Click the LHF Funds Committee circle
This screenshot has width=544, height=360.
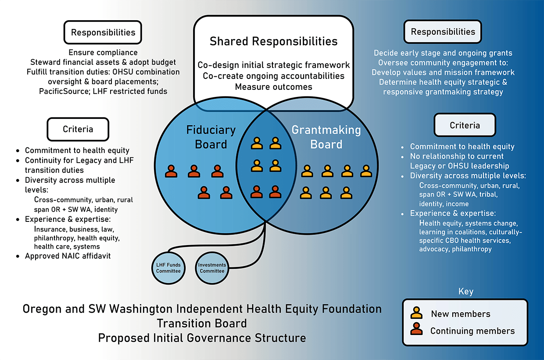168,268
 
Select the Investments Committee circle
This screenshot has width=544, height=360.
212,268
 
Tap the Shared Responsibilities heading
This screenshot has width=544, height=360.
273,41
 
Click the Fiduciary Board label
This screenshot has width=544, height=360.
211,137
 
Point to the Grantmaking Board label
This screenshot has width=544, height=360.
326,137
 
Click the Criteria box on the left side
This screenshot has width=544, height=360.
78,129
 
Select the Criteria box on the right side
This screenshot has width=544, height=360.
465,125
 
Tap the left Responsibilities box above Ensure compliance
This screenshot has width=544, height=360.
103,32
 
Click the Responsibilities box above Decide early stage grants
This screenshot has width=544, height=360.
443,32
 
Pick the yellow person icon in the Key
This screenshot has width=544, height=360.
416,313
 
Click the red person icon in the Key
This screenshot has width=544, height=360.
416,329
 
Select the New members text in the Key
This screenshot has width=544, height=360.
461,314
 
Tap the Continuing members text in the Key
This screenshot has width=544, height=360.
472,331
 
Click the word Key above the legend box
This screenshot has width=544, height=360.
465,292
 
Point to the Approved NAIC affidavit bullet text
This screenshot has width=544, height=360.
68,256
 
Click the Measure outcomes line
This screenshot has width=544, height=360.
273,87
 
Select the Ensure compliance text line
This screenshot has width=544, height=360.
103,53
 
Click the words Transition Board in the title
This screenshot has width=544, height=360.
202,324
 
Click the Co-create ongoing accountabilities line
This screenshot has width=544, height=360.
273,76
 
